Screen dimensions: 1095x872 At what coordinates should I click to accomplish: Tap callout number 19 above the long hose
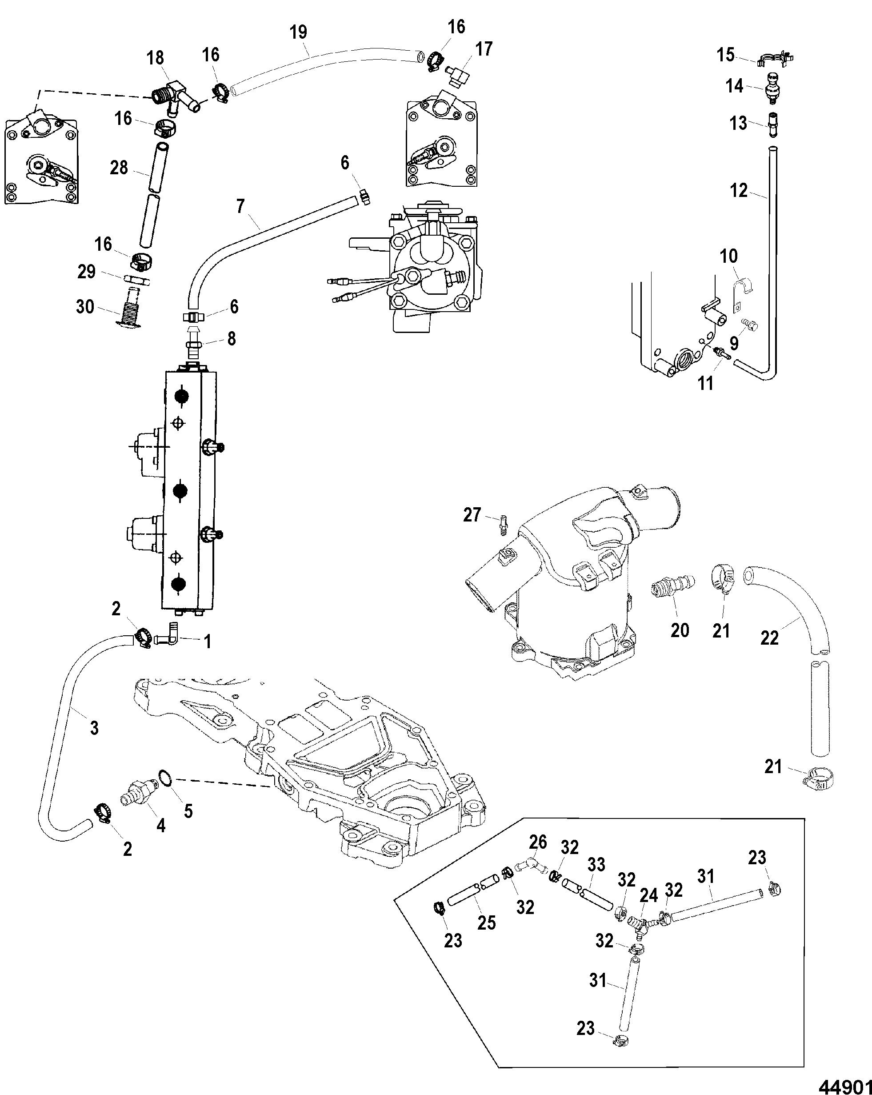tap(299, 32)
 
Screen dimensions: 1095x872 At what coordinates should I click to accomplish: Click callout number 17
tap(484, 49)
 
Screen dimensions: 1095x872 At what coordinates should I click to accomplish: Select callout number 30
tap(85, 306)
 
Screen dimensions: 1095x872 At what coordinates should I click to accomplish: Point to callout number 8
tap(232, 338)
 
